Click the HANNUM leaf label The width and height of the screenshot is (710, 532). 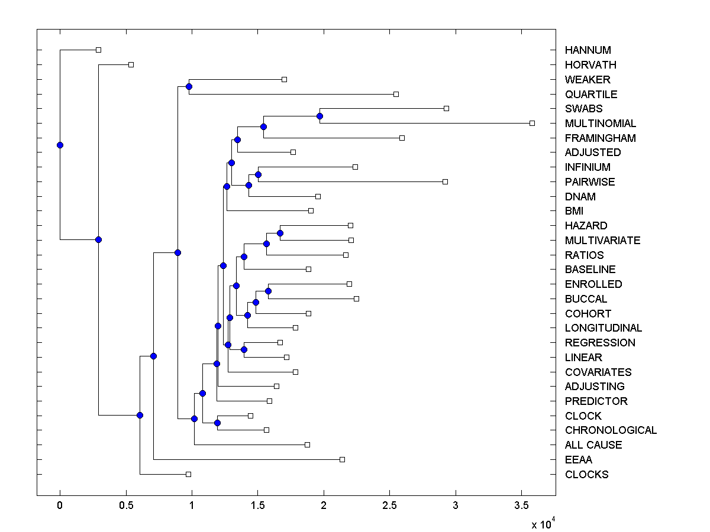point(588,50)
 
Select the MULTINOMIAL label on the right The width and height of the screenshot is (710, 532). point(601,124)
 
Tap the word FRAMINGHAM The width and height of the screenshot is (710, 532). point(600,138)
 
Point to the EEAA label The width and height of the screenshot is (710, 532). point(578,460)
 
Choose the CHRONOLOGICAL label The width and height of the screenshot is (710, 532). point(611,430)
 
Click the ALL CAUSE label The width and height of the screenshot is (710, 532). point(593,445)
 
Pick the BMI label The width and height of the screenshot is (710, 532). point(574,211)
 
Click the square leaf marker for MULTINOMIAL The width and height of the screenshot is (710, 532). point(532,123)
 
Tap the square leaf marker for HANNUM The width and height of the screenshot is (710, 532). point(98,50)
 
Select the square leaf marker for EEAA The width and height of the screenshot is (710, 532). point(342,459)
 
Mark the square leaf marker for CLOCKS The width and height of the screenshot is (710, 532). point(188,474)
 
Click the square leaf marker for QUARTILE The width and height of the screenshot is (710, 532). point(396,94)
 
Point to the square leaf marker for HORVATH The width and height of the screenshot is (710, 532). point(131,64)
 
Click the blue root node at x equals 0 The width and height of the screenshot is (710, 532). point(60,145)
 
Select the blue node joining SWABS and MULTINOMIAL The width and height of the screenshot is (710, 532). point(319,116)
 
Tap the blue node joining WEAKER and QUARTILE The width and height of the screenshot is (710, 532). point(189,87)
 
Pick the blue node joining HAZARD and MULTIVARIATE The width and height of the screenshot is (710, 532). point(280,233)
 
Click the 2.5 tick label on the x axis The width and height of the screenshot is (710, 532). point(389,506)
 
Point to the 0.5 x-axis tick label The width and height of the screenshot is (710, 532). point(125,506)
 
